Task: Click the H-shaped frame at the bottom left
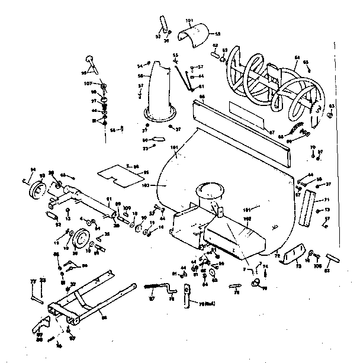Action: tap(83, 299)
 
